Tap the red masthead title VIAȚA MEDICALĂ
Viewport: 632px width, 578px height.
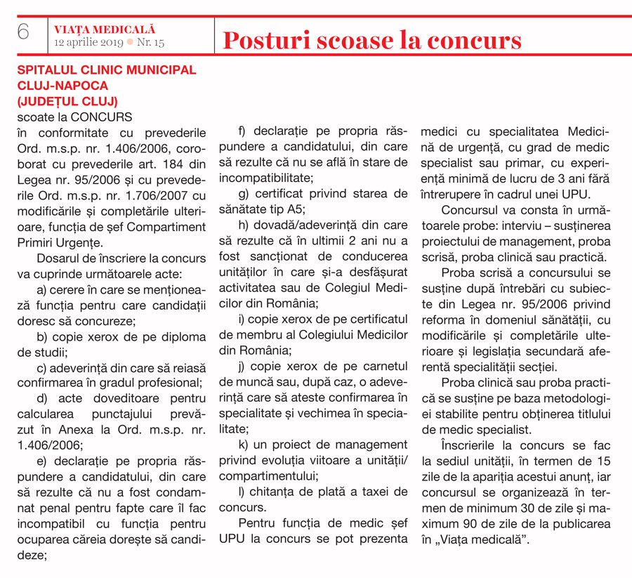click(105, 29)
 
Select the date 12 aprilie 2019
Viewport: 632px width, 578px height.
click(88, 43)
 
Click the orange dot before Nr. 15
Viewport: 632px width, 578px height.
click(130, 43)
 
